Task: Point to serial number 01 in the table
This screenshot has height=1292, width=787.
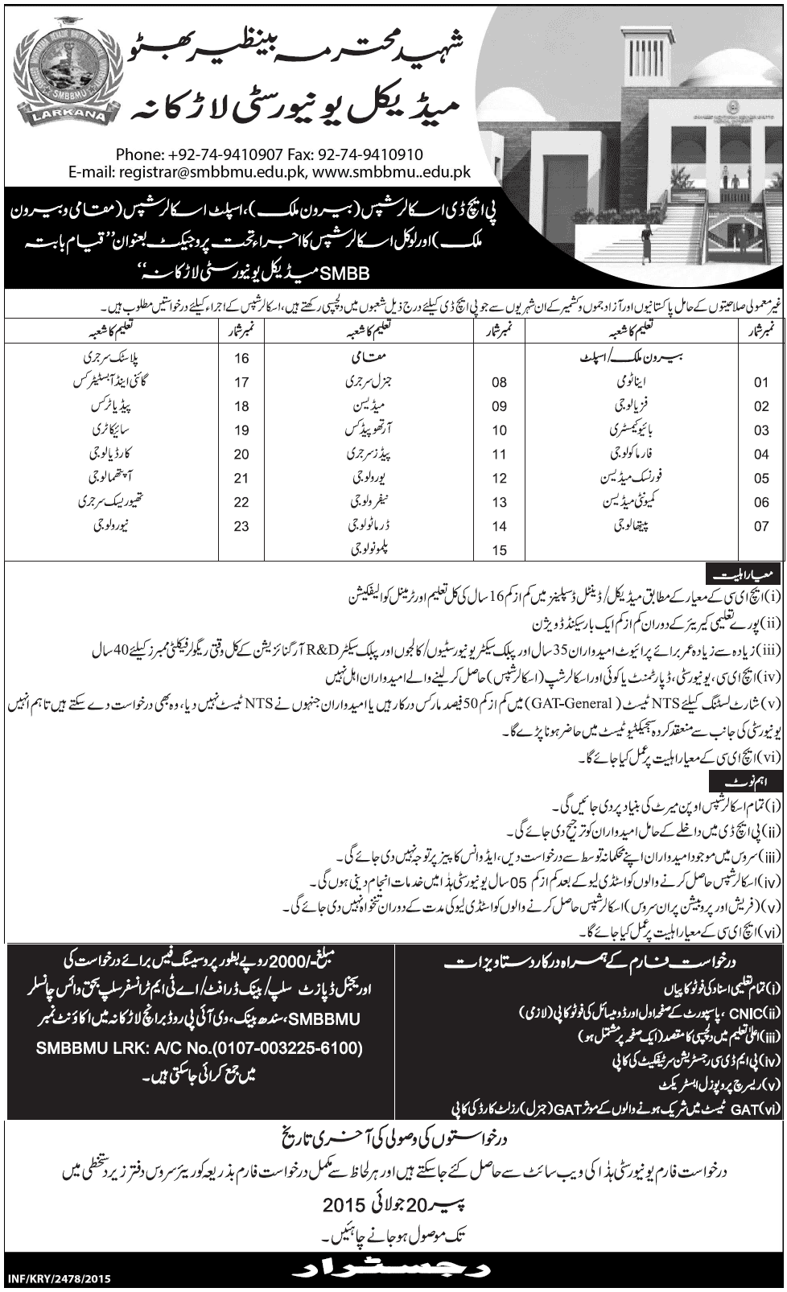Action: [761, 383]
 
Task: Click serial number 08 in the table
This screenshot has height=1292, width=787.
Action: [499, 383]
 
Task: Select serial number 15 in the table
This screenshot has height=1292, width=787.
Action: [499, 551]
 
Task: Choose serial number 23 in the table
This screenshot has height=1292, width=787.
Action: [241, 527]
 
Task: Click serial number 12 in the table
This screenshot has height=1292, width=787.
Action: [499, 479]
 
